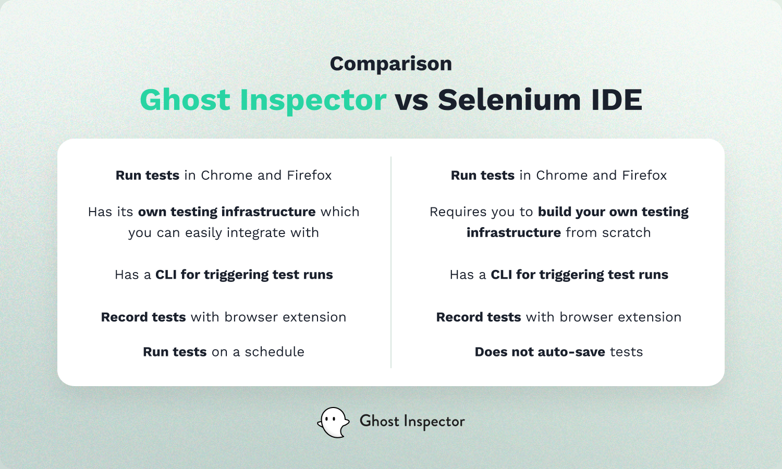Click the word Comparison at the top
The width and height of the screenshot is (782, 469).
[x=391, y=64]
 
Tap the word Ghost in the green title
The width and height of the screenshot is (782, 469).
[x=185, y=100]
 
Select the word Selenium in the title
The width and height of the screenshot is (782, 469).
[x=509, y=100]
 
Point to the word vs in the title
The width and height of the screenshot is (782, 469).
[x=412, y=101]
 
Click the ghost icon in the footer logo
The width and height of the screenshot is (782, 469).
[x=334, y=422]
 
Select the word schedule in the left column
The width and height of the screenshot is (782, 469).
[x=274, y=352]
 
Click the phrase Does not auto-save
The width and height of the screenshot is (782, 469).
[x=540, y=352]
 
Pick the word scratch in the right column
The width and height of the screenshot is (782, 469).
[x=626, y=232]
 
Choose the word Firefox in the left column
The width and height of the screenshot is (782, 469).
[x=309, y=175]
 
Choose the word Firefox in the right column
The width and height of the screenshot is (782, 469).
[x=644, y=175]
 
